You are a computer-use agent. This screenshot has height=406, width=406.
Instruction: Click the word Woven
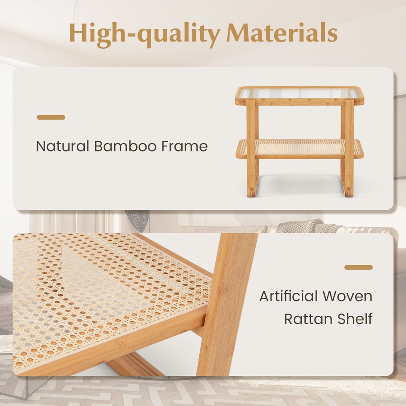[x=350, y=296]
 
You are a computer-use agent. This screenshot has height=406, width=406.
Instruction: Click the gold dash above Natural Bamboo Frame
[x=51, y=117]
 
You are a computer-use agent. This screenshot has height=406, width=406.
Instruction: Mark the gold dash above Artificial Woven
[x=358, y=267]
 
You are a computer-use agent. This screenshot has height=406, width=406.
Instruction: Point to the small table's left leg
[x=252, y=149]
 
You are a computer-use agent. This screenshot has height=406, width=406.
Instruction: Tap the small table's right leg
[x=348, y=149]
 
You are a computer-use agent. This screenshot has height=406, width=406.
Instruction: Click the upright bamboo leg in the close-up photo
[x=221, y=307]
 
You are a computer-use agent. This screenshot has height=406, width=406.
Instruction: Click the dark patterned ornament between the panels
[x=138, y=220]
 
